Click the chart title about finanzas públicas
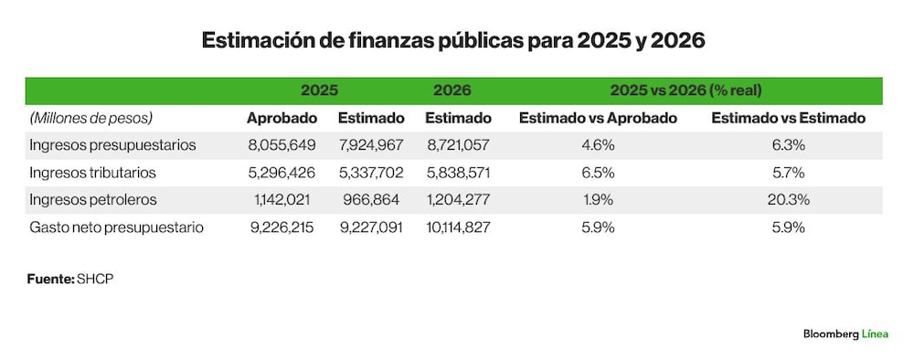(x=453, y=41)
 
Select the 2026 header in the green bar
(x=452, y=90)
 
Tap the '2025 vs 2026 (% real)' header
(x=686, y=90)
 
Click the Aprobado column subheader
(x=282, y=118)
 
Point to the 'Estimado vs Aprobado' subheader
(x=598, y=118)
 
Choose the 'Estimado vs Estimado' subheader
(x=789, y=118)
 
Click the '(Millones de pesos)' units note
(x=90, y=118)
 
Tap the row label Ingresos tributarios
(x=92, y=173)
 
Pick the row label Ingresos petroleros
(x=93, y=200)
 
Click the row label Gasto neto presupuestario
(x=117, y=228)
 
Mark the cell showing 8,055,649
(x=282, y=145)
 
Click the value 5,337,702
(x=371, y=173)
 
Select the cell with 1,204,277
(x=458, y=200)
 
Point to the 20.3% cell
(x=789, y=200)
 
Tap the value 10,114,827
(x=458, y=228)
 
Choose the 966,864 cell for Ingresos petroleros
(x=371, y=200)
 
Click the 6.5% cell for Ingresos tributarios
(x=598, y=173)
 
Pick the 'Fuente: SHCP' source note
(x=70, y=279)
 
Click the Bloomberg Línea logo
(x=845, y=334)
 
